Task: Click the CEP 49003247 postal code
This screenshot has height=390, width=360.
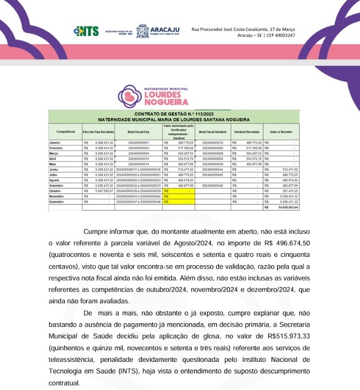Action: (x=280, y=35)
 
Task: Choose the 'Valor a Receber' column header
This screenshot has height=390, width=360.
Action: (x=281, y=132)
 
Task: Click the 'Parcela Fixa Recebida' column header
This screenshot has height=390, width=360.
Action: (x=98, y=132)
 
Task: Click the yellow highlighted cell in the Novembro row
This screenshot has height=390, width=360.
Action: (x=180, y=196)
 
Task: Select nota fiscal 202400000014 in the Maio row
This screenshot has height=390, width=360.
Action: (x=138, y=164)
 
